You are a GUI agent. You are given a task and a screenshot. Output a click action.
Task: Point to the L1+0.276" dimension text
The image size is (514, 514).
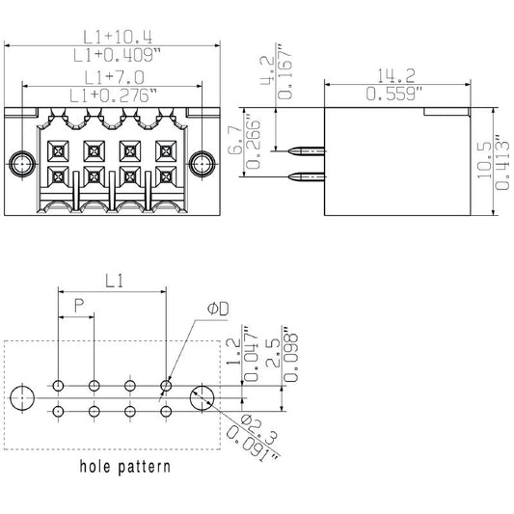(112, 95)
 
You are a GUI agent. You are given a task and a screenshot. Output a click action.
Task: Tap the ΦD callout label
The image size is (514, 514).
(218, 310)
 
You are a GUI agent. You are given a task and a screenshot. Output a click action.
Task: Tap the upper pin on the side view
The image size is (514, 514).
(304, 152)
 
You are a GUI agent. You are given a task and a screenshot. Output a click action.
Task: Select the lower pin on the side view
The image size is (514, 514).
(304, 176)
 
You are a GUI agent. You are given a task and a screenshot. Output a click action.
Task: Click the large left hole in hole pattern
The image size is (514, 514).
(22, 394)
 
